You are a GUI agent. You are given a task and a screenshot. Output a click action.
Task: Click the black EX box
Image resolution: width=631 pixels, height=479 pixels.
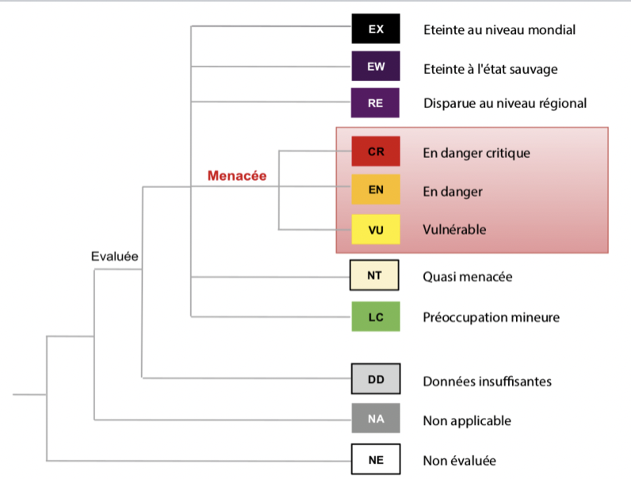click(376, 29)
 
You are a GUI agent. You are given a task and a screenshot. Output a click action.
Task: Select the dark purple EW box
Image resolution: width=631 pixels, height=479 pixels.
click(376, 66)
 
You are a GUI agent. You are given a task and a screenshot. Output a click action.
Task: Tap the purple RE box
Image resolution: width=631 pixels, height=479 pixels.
click(375, 103)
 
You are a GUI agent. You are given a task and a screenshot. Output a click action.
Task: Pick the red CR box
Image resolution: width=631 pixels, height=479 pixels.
click(376, 151)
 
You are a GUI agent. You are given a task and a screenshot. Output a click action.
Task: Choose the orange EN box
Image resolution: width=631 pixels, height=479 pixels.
click(376, 190)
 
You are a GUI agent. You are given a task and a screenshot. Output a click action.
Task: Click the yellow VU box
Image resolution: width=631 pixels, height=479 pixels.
click(376, 229)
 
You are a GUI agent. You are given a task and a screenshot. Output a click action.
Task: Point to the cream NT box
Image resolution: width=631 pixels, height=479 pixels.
click(374, 275)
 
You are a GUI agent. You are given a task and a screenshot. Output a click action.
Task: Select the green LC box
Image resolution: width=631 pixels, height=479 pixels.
click(376, 316)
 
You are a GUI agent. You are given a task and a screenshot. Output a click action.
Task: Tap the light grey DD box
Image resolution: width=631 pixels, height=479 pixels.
click(376, 379)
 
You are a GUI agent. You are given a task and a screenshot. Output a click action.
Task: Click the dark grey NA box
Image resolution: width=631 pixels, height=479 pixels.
click(376, 418)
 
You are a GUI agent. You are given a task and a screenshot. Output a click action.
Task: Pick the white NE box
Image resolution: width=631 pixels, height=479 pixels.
click(376, 459)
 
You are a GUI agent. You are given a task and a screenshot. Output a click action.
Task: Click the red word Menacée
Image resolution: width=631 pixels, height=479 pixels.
click(237, 176)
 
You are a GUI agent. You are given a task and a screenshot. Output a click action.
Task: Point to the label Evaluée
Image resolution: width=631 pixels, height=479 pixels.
click(115, 256)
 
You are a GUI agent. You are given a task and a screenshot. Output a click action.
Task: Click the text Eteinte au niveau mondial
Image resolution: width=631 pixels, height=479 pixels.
click(499, 30)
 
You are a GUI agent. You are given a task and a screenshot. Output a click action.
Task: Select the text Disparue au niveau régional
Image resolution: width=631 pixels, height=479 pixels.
click(505, 103)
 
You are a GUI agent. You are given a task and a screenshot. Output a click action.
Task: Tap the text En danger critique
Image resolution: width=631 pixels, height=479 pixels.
click(476, 153)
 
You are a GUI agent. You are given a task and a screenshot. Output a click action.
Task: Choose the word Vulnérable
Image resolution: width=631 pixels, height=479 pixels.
click(454, 229)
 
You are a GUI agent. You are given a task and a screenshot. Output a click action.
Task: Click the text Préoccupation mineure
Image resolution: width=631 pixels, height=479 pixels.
click(491, 317)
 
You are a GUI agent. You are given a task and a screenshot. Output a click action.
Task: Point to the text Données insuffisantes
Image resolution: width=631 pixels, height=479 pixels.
click(488, 381)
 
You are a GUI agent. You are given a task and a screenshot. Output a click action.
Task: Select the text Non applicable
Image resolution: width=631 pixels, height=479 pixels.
click(467, 421)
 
